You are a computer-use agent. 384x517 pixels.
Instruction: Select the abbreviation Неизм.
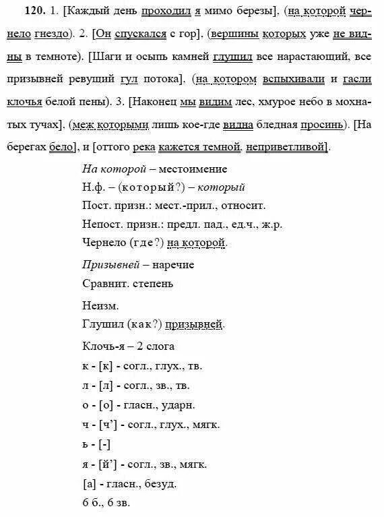click(96, 303)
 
